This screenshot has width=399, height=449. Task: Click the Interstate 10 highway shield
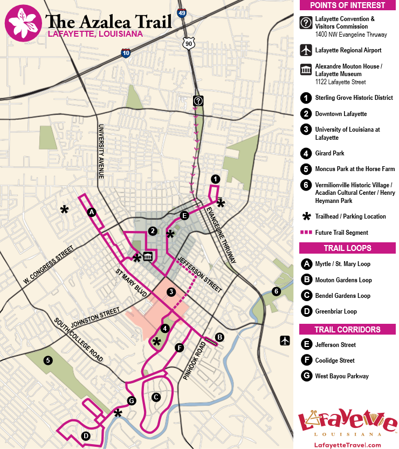(126, 52)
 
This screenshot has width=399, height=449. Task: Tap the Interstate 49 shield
(182, 12)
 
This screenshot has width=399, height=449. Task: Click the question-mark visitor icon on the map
(198, 100)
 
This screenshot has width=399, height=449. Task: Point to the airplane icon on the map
(285, 341)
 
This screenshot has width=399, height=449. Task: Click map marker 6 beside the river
(276, 291)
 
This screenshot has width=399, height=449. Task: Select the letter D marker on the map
(85, 436)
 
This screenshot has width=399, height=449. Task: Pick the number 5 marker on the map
(48, 360)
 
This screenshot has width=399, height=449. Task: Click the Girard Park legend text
(329, 153)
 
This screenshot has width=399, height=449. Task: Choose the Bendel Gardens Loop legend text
(342, 296)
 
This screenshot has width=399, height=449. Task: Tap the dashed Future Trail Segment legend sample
(307, 233)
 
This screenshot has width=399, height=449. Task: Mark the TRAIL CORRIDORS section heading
(348, 329)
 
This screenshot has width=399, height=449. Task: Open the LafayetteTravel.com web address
(347, 445)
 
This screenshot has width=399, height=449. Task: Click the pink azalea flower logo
(23, 23)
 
